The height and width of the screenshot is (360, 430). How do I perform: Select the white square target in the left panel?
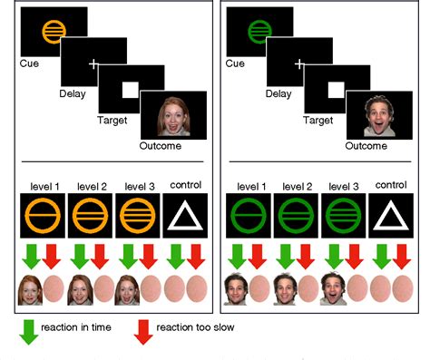click(129, 89)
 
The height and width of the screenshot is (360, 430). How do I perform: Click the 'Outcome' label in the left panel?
click(161, 145)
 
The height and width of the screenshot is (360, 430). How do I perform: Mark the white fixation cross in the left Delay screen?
click(92, 62)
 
